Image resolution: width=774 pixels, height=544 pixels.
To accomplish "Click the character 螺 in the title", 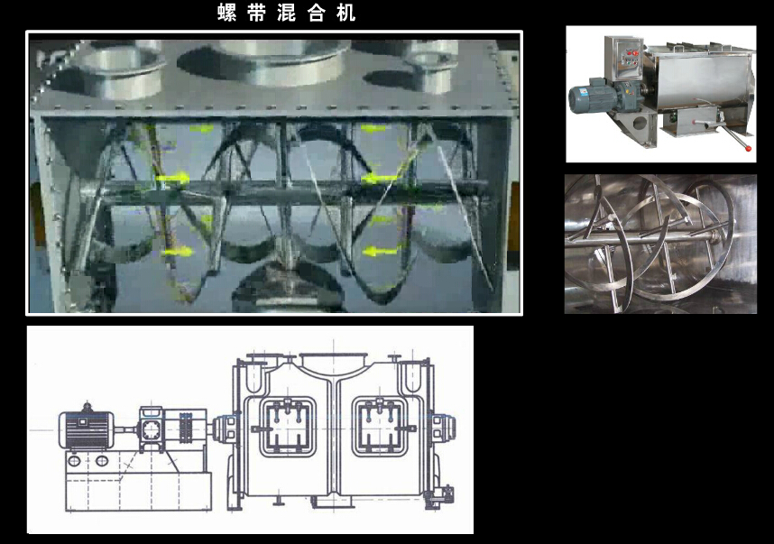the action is pyautogui.click(x=226, y=13).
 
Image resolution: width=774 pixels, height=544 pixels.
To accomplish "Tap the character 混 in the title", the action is pyautogui.click(x=286, y=13).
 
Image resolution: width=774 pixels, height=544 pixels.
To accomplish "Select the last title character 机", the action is pyautogui.click(x=346, y=13).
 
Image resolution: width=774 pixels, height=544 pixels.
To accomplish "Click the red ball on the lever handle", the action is pyautogui.click(x=749, y=148).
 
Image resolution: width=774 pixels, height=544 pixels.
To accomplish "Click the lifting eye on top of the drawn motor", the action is pyautogui.click(x=88, y=407).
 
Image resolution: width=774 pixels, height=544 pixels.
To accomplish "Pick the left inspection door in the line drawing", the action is pyautogui.click(x=287, y=427).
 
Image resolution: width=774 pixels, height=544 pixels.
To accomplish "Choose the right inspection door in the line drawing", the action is pyautogui.click(x=380, y=427).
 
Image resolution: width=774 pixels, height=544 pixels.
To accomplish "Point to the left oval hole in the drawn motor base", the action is pyautogui.click(x=74, y=461).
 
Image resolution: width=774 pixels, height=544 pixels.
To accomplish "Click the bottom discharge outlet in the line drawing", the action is pyautogui.click(x=334, y=502).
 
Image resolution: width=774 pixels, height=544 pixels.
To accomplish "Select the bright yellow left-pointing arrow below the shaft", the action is pyautogui.click(x=380, y=252).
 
